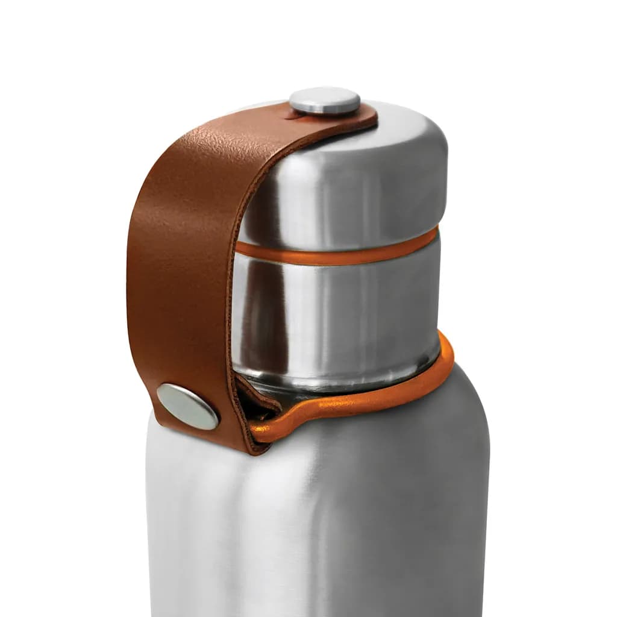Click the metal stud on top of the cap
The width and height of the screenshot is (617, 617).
(324, 101)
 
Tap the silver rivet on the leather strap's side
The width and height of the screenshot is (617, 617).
(187, 406)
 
